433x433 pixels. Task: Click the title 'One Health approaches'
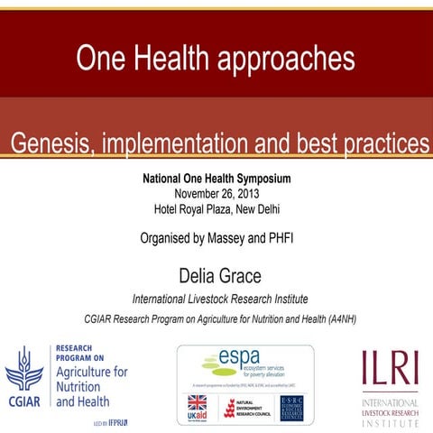click(216, 59)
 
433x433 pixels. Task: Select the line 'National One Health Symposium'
click(216, 179)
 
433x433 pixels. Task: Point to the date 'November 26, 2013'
click(216, 193)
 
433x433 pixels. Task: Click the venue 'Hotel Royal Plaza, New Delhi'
click(216, 208)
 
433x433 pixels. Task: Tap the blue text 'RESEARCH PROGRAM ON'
click(82, 353)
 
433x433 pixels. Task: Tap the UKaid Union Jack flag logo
click(196, 403)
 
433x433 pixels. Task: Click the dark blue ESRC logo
click(290, 408)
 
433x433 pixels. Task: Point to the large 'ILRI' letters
click(390, 369)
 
